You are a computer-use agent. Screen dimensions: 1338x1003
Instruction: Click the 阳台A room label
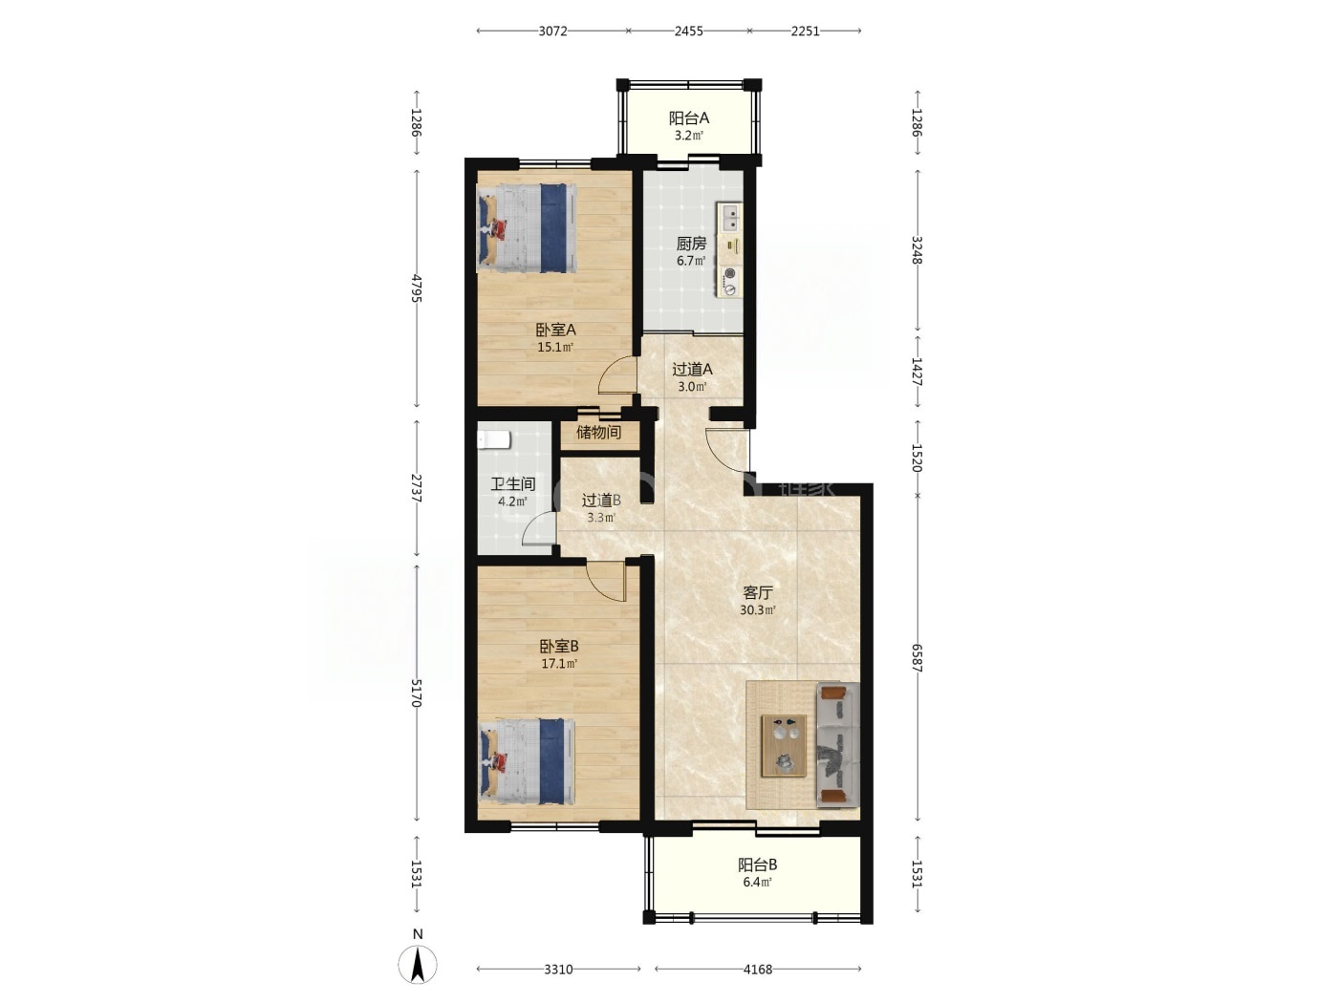(689, 117)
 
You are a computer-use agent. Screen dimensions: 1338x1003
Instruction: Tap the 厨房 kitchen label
(691, 244)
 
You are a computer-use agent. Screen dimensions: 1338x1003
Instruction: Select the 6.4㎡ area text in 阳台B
(757, 882)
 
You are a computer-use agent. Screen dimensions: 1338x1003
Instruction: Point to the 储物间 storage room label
(598, 433)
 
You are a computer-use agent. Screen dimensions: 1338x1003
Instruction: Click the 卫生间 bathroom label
(513, 484)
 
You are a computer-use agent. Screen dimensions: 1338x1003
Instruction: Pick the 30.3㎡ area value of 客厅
(758, 609)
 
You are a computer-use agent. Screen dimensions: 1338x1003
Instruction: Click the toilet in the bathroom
(493, 439)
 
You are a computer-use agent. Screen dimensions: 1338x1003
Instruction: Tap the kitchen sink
(730, 218)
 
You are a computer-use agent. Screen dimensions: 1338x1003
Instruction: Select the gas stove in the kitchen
(729, 283)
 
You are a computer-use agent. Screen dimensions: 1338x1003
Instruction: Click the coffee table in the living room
(784, 746)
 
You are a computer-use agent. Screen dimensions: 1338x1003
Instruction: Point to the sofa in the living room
(837, 745)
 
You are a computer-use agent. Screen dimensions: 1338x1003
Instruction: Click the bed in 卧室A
(527, 228)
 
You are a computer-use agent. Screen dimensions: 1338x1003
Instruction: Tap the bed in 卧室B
(527, 763)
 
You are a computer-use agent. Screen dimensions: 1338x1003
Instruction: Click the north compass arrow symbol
(417, 964)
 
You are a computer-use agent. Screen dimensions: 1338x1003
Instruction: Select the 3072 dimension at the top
(552, 32)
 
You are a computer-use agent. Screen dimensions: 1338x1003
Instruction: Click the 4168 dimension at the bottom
(758, 969)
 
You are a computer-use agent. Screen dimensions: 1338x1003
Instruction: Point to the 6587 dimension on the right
(917, 658)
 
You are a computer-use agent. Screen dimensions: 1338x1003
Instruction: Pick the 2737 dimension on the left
(417, 488)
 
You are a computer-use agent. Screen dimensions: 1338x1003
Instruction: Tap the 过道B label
(601, 501)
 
